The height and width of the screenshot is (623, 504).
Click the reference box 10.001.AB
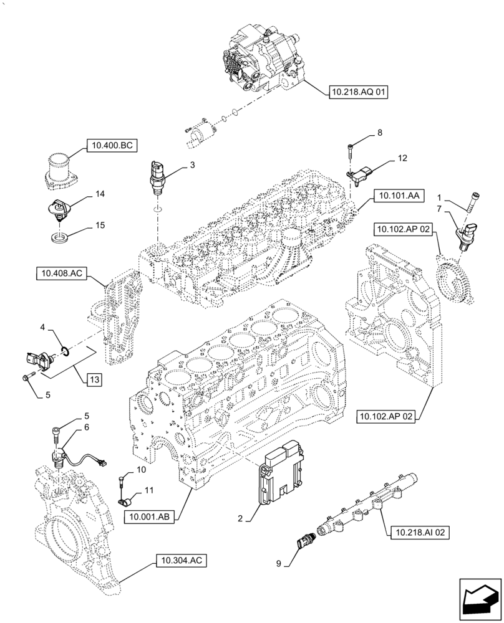click(150, 516)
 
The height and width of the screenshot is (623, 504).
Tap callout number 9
click(288, 564)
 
